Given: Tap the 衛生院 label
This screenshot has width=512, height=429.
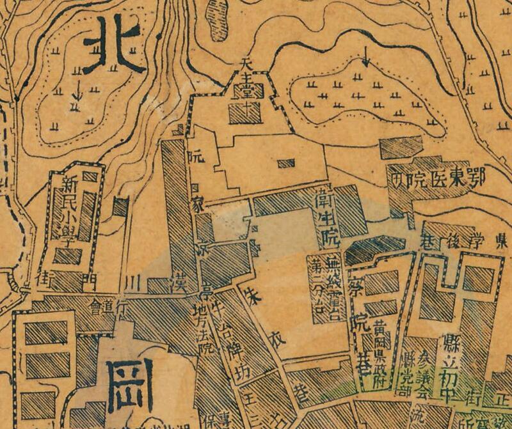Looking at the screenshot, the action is tap(328, 217).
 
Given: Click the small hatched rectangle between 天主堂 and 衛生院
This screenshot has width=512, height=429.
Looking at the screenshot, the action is tap(286, 163).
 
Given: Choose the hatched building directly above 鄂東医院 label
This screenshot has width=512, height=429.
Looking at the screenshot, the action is tap(401, 146).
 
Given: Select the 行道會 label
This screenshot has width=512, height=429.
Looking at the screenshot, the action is tap(109, 302).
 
